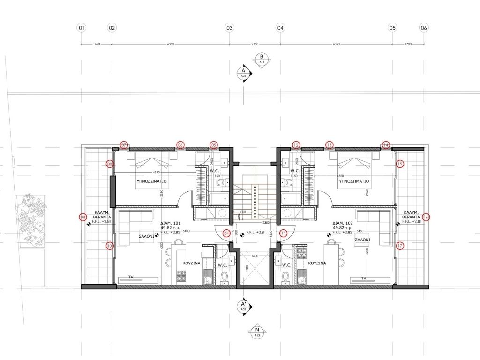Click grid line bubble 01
coord(82,28)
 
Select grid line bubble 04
coord(280,28)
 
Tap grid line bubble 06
coord(424,28)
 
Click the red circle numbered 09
coord(83,217)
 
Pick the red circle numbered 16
coord(426,217)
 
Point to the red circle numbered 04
coord(227,232)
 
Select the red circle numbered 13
coord(330,145)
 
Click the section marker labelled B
coord(262,59)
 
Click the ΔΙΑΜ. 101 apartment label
coord(171,223)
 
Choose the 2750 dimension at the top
coord(255,44)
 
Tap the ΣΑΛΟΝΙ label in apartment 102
coord(363,239)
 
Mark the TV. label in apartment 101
coord(132,277)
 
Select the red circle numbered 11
coord(283,232)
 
